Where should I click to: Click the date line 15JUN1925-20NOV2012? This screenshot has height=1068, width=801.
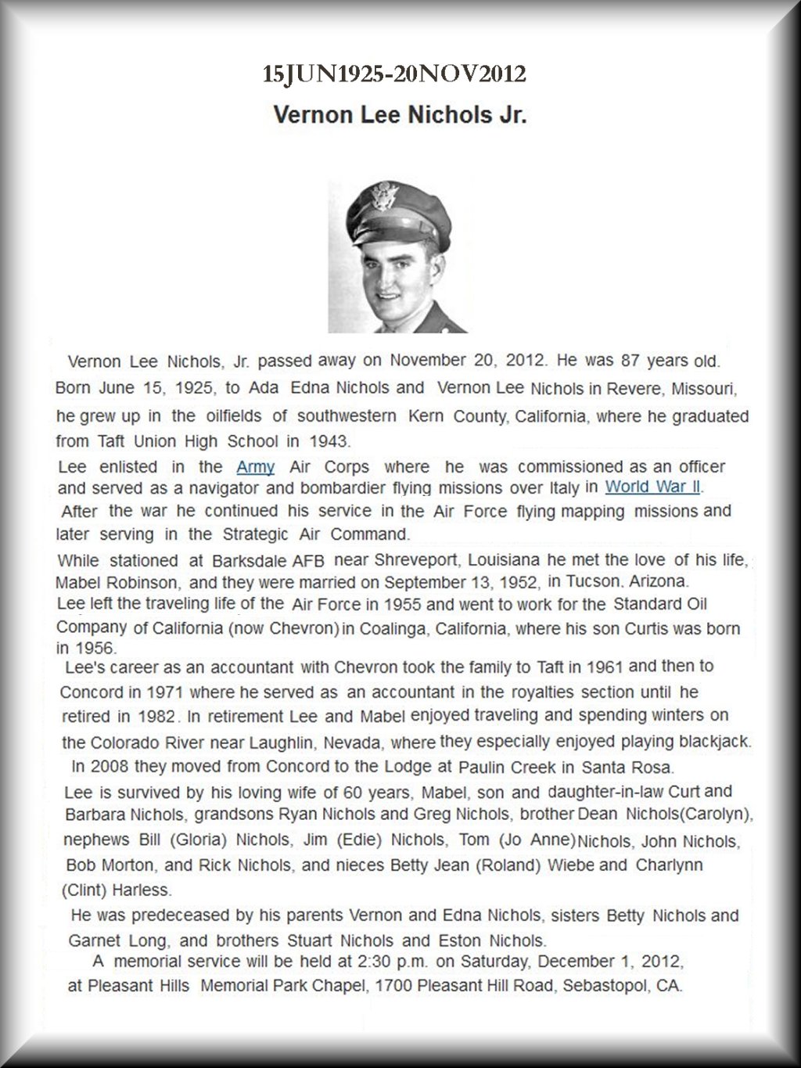(x=394, y=74)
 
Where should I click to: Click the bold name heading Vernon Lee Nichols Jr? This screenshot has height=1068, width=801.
(x=400, y=115)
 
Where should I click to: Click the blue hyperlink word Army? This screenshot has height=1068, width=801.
(x=255, y=467)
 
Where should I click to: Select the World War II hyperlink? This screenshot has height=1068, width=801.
(x=652, y=486)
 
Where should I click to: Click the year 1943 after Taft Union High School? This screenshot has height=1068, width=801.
(x=327, y=441)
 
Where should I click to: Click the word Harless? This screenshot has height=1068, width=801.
(x=142, y=890)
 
